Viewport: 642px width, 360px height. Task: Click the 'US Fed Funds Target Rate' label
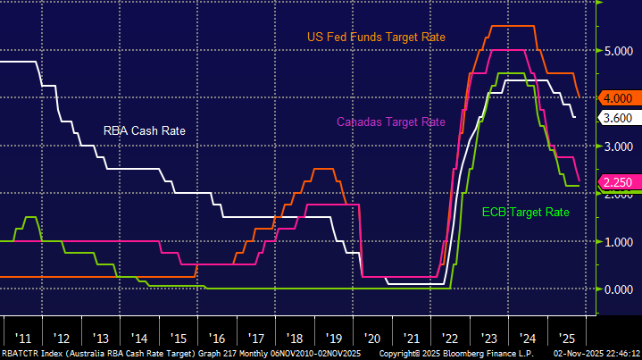coord(376,37)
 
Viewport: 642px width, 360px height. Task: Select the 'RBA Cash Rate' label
coord(144,130)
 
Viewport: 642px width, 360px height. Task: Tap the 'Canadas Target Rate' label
coord(390,121)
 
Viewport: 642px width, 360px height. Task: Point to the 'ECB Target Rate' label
coord(525,213)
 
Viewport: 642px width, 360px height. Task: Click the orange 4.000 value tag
coord(617,98)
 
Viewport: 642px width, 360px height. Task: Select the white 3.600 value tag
coord(617,118)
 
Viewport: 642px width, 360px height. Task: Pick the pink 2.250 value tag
coord(617,182)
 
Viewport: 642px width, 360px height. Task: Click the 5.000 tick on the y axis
coord(617,52)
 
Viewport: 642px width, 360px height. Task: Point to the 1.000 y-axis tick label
coord(617,241)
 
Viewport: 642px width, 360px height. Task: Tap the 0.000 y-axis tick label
coord(617,289)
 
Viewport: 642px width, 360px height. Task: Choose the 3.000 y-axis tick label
coord(617,147)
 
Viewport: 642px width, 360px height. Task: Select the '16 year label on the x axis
coord(215,339)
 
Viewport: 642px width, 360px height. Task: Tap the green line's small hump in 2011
coord(30,217)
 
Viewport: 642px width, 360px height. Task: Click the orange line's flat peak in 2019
coord(323,169)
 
